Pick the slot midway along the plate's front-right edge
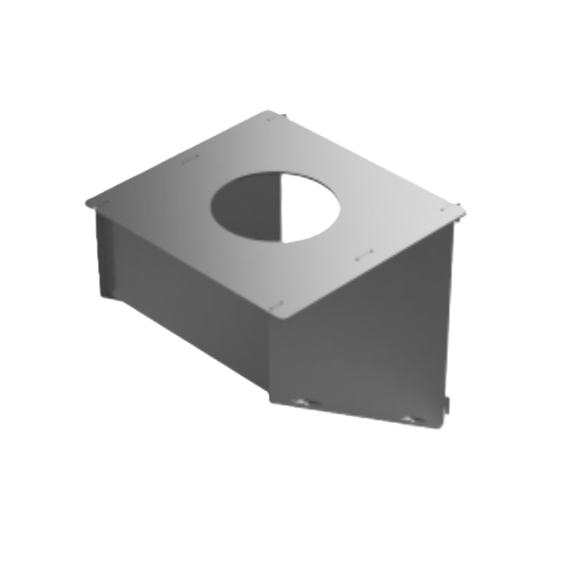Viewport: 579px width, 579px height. click(364, 257)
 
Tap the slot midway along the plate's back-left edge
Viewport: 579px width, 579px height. click(189, 157)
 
